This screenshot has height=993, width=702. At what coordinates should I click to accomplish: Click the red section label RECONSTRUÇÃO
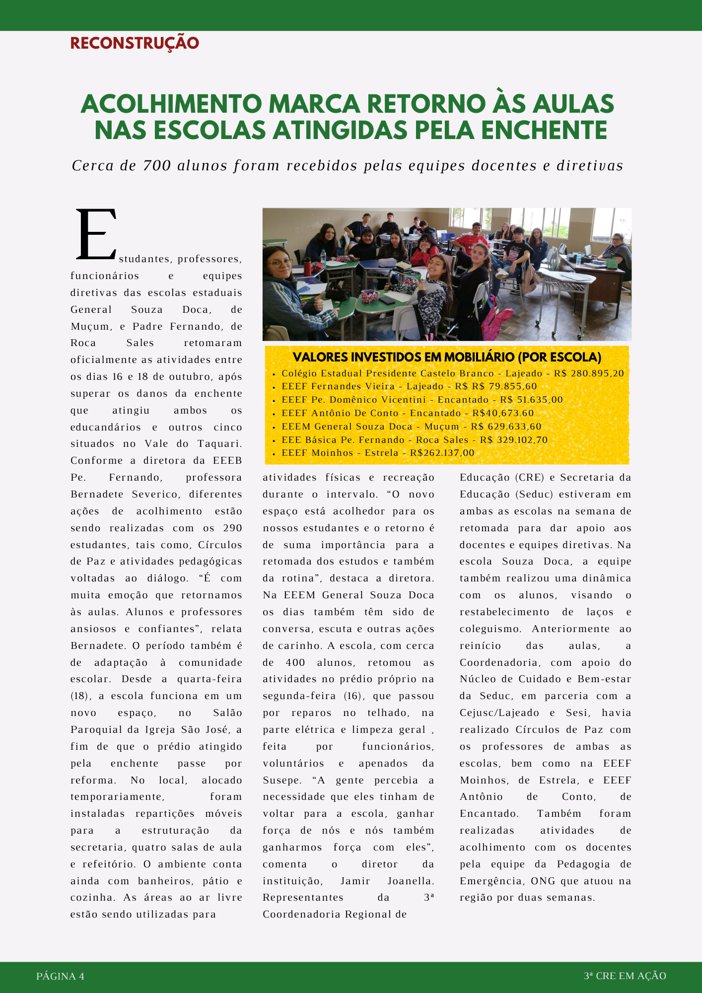tap(135, 43)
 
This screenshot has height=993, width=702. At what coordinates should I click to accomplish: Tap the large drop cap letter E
tap(96, 234)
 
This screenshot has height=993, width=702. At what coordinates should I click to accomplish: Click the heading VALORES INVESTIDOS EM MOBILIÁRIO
tap(447, 357)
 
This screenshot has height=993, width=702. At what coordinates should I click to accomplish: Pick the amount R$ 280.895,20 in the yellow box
tap(589, 373)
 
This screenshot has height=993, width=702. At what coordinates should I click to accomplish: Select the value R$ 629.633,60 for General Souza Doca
tap(506, 426)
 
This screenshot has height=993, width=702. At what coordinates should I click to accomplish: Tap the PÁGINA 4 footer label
tap(60, 976)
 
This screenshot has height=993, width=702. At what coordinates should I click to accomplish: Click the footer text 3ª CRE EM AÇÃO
tap(625, 976)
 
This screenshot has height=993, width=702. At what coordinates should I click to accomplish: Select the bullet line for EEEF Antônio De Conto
tap(407, 413)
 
